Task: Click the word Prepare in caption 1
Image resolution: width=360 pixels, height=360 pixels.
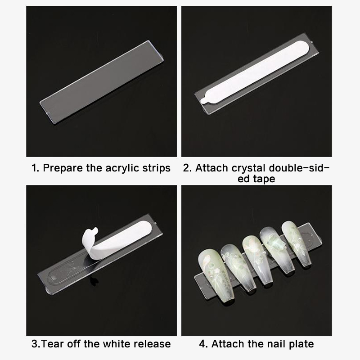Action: click(63, 168)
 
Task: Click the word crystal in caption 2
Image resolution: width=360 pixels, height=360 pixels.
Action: click(248, 168)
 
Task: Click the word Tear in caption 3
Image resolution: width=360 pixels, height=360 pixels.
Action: click(51, 344)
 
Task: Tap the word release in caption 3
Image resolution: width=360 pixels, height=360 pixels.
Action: click(152, 344)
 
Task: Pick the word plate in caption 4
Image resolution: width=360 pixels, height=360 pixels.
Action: click(301, 344)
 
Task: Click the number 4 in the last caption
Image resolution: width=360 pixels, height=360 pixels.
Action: click(203, 344)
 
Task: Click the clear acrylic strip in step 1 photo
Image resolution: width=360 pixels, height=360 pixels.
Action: click(102, 82)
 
